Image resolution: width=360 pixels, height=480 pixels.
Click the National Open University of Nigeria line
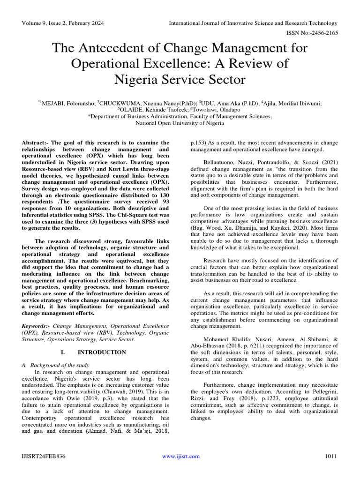tap(173, 123)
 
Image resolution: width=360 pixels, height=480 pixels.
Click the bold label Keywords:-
tap(37, 325)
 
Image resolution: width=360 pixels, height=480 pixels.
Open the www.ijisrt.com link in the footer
tap(180, 457)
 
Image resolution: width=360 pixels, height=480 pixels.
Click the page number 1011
tap(330, 457)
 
